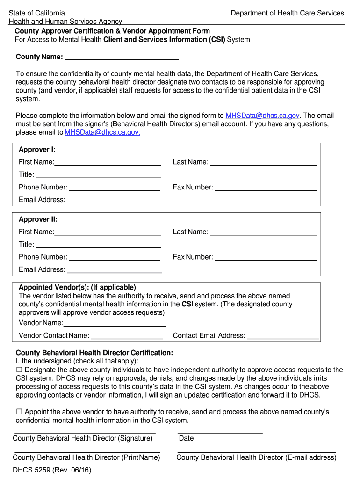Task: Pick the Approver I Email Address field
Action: click(115, 199)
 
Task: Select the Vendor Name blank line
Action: click(115, 322)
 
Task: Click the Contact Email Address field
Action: click(283, 335)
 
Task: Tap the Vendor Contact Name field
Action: click(127, 335)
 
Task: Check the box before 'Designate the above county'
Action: click(19, 370)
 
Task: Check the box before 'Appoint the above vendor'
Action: click(19, 412)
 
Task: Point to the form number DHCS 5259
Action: click(52, 470)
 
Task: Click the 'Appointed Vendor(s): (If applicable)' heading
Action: click(77, 287)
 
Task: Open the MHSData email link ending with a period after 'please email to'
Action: click(102, 132)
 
